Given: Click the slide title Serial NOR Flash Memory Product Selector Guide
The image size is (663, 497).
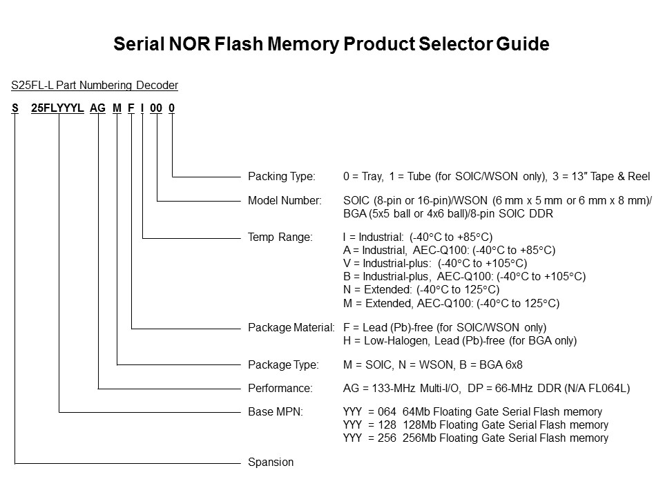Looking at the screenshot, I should click(x=331, y=45).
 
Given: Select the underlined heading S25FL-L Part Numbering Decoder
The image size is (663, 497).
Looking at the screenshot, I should click(x=95, y=86).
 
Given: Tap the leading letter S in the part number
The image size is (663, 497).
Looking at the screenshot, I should click(x=15, y=108).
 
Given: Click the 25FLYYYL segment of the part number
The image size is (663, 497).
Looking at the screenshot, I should click(x=58, y=108).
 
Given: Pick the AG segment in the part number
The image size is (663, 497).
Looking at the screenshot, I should click(x=98, y=108).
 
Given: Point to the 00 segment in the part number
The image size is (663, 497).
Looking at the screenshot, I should click(x=156, y=108).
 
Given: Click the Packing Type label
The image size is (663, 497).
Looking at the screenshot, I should click(x=281, y=177).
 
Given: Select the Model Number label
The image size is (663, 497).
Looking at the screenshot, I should click(x=285, y=201).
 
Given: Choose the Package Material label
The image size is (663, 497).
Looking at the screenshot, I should click(x=291, y=327).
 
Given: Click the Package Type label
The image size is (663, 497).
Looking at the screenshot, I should click(x=283, y=364).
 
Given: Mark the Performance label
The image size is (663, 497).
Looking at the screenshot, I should click(x=280, y=388).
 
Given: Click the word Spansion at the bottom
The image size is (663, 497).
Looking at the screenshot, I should click(x=270, y=462).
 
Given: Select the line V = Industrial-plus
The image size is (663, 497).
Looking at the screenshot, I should click(x=434, y=264).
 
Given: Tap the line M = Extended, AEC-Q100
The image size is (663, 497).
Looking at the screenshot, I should click(x=450, y=304).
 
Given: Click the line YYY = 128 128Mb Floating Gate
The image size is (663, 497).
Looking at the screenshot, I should click(x=475, y=425).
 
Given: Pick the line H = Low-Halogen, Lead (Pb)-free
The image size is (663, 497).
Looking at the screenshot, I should click(x=459, y=340).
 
